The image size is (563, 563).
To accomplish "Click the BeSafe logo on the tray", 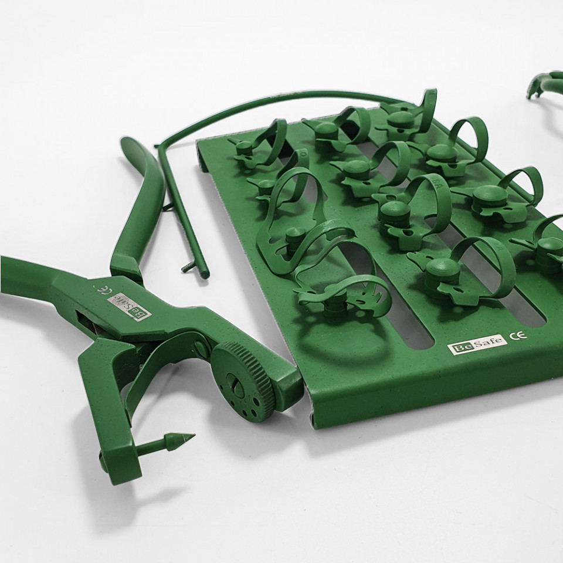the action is click(x=477, y=348).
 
